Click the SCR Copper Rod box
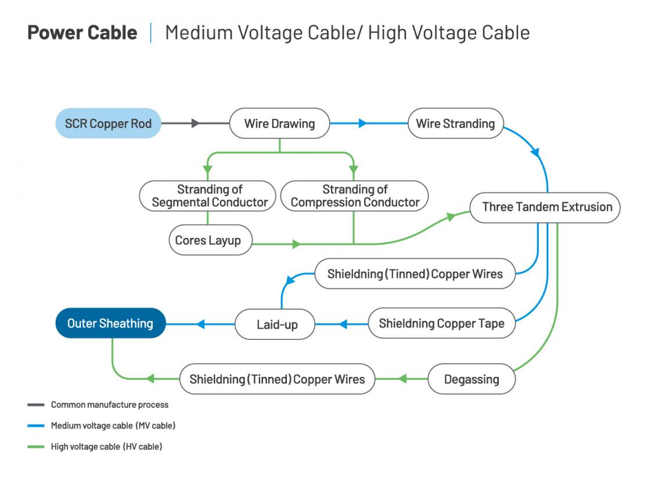108,124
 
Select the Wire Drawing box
279,124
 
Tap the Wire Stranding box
455,124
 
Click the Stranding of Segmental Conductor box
207,196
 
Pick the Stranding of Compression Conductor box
354,196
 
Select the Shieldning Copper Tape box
441,324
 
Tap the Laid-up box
275,324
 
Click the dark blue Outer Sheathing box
110,324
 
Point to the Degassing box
471,379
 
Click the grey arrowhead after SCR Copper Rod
196,124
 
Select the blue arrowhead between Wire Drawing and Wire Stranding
363,124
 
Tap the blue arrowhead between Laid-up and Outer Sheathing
200,324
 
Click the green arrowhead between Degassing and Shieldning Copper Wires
401,379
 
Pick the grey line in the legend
35,405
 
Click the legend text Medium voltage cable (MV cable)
113,426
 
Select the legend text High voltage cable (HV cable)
106,447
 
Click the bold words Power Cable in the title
82,32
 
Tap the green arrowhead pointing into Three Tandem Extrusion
451,216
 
